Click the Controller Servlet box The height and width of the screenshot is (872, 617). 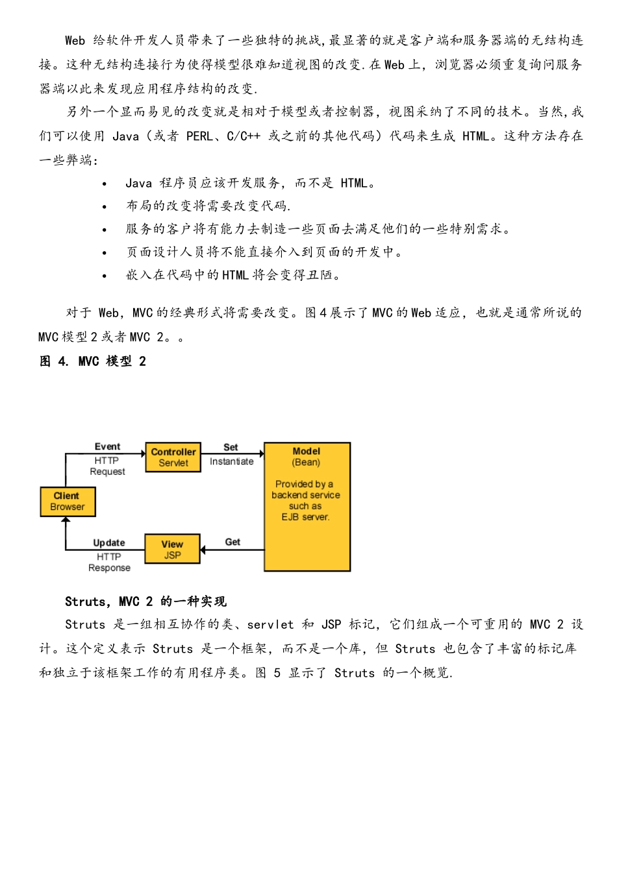coord(173,457)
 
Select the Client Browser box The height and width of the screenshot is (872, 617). coord(68,502)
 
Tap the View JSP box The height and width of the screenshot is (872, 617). coord(172,550)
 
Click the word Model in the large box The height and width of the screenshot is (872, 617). coord(307,451)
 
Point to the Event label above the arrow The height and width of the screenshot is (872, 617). coord(107,446)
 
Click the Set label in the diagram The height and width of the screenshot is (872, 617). coord(231,447)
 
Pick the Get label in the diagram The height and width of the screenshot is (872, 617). coord(233,542)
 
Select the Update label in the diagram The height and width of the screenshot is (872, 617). coord(108,542)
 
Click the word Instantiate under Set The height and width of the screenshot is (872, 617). coord(231,461)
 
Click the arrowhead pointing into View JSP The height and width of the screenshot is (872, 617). coord(203,550)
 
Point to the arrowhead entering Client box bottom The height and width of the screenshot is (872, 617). coord(66,520)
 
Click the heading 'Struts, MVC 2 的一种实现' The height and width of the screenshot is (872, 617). coord(145,601)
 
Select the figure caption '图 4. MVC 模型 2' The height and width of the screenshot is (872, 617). coord(93,361)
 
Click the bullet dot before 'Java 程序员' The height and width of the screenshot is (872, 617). coord(105,184)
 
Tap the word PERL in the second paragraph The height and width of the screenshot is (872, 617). coord(199,136)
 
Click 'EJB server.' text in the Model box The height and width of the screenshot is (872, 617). coord(306,517)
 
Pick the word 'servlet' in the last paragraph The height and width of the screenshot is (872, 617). coord(270,624)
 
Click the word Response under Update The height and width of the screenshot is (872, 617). coord(109,568)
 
